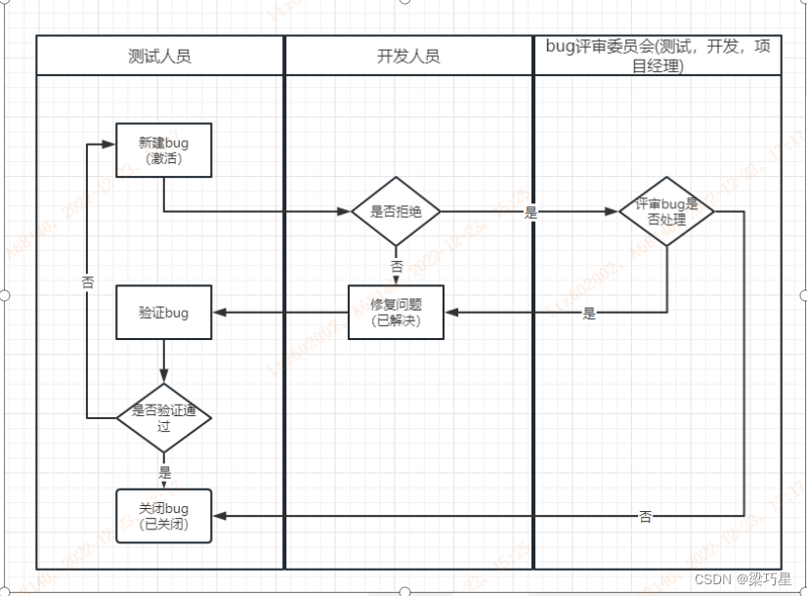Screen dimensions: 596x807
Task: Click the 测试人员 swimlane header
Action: point(159,56)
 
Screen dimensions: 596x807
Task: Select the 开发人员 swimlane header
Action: point(408,56)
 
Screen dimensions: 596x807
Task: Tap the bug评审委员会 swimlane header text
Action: point(658,55)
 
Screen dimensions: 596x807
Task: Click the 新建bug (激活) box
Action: point(163,150)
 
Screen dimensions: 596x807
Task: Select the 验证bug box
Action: point(163,313)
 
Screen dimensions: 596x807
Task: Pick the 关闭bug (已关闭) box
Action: point(163,516)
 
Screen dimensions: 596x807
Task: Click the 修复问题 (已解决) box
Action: point(396,313)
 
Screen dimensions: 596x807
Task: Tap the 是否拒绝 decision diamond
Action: point(396,211)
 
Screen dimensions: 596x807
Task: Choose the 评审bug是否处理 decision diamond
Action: point(666,211)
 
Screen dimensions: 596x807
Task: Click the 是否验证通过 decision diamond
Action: point(163,417)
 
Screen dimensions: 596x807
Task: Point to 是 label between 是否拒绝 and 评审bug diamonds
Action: point(531,212)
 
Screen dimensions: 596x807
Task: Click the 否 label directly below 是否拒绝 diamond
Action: point(396,266)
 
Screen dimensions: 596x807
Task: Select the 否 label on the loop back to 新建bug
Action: point(87,281)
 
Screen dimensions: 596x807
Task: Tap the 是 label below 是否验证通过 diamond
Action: point(164,471)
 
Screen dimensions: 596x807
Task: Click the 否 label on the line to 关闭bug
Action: point(646,516)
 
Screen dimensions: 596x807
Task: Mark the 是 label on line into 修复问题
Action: point(589,314)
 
